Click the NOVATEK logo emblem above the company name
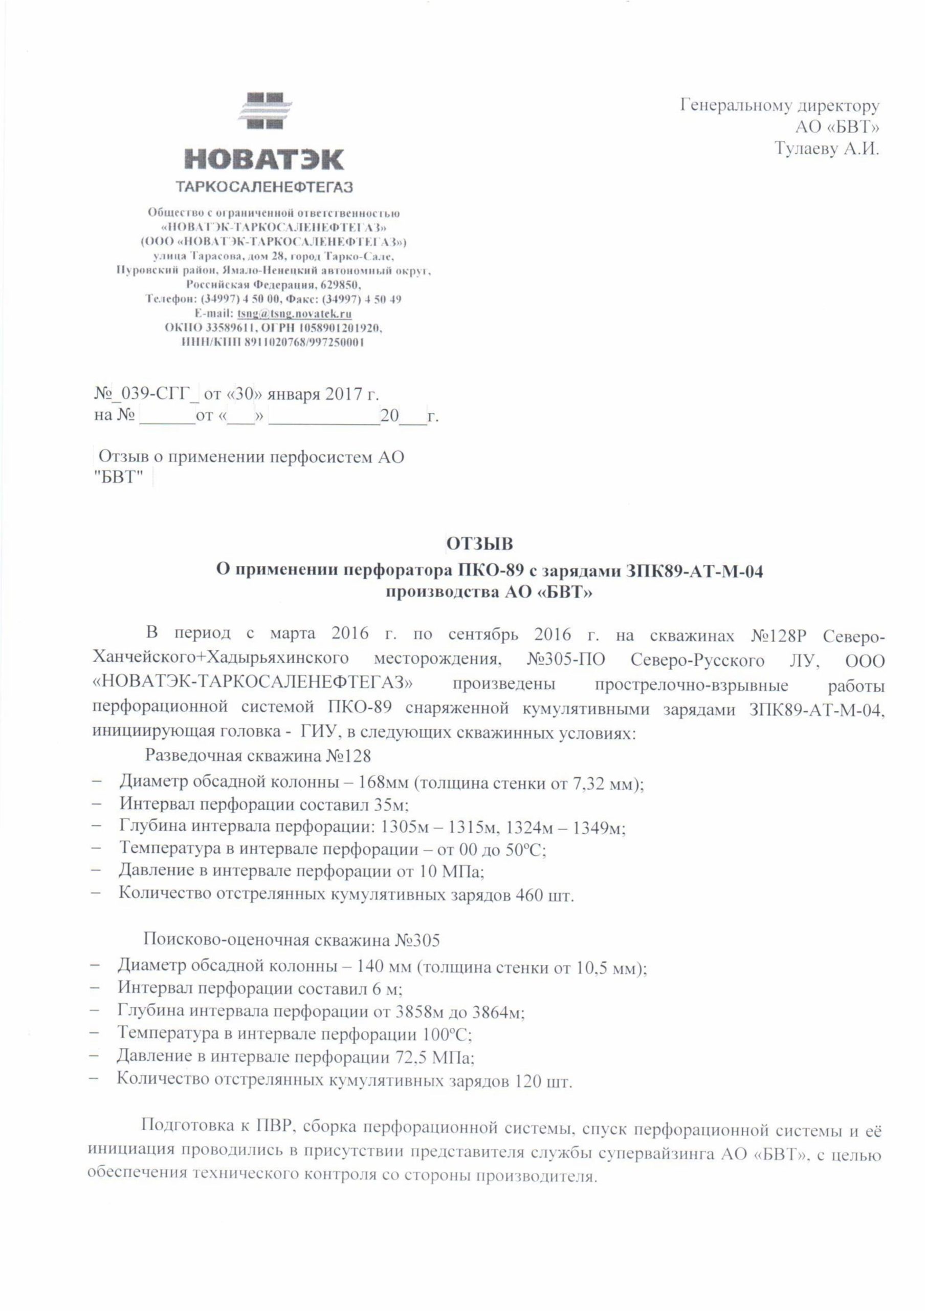click(264, 111)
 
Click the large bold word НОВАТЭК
click(264, 160)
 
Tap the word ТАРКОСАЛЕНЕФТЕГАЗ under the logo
click(265, 187)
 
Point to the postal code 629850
click(340, 284)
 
